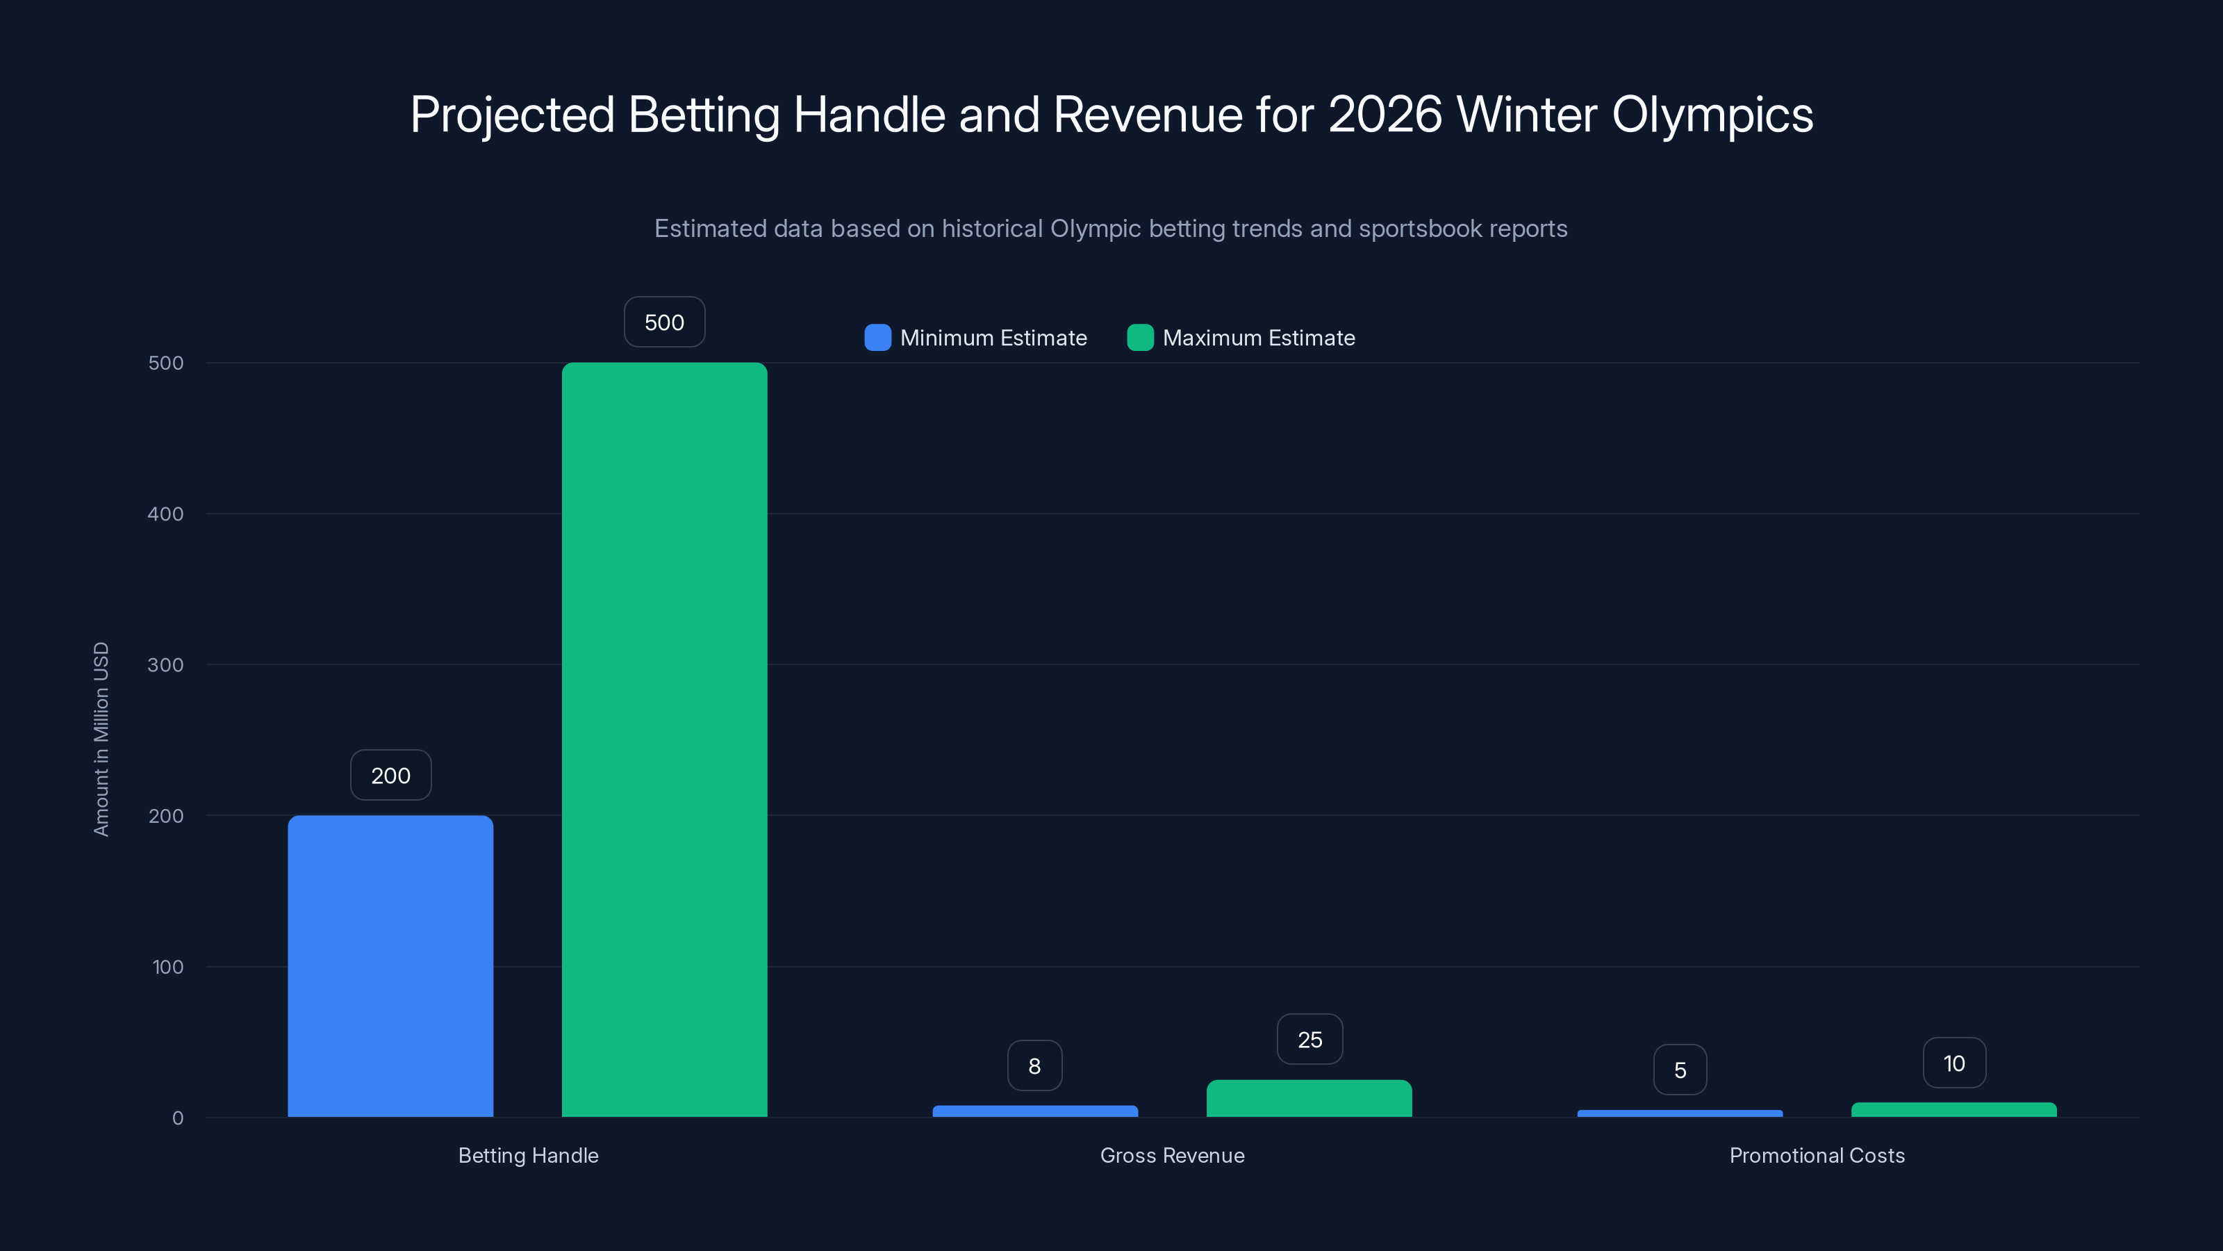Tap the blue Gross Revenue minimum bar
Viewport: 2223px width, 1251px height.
[x=1034, y=1111]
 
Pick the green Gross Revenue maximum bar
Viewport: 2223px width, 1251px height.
[x=1309, y=1098]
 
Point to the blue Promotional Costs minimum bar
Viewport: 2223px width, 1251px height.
[x=1679, y=1113]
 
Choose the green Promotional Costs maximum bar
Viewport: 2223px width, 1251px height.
[x=1953, y=1109]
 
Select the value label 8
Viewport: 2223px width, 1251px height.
[x=1034, y=1066]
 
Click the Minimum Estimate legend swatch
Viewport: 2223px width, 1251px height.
[x=877, y=338]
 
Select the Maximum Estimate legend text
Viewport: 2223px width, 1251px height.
[x=1258, y=338]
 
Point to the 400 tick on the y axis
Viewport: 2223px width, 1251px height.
[x=166, y=514]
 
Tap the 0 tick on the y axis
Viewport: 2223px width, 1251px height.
[x=178, y=1118]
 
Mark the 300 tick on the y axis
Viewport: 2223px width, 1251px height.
[x=166, y=665]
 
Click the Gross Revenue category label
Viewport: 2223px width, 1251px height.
[x=1172, y=1155]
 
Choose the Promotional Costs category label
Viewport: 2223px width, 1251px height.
[x=1817, y=1155]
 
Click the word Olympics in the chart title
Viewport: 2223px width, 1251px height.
[x=1712, y=114]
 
